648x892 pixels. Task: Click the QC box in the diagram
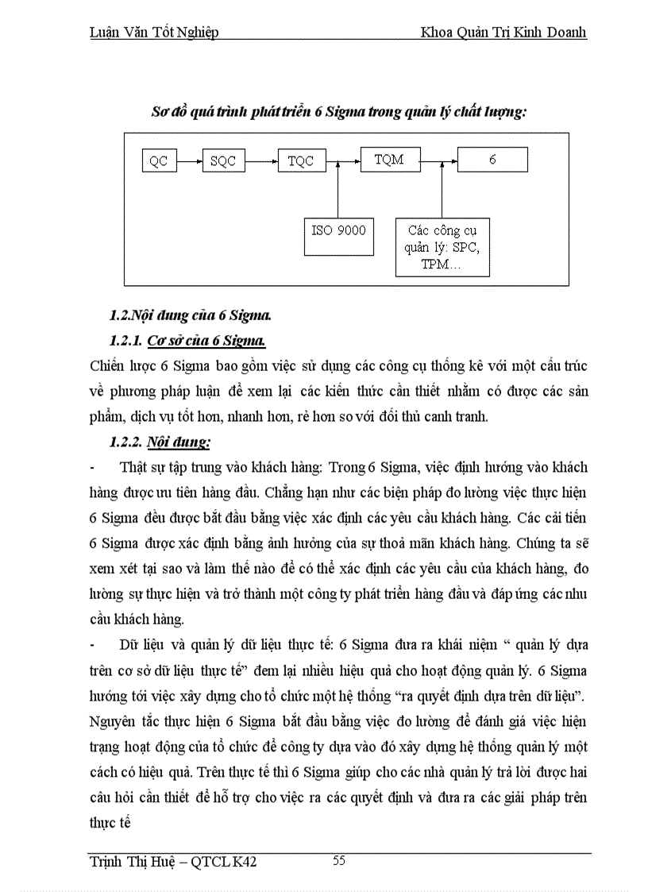159,161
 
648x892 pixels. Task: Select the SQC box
223,161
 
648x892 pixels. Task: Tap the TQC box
301,161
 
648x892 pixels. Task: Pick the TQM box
389,160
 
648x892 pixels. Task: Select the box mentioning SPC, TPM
443,247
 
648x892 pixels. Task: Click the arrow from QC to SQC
189,161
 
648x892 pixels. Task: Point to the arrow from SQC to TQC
260,161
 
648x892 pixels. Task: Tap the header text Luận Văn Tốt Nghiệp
153,33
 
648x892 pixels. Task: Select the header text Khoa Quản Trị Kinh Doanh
505,33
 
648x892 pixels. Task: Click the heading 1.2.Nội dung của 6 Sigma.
191,315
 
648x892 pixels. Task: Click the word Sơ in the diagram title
160,112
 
